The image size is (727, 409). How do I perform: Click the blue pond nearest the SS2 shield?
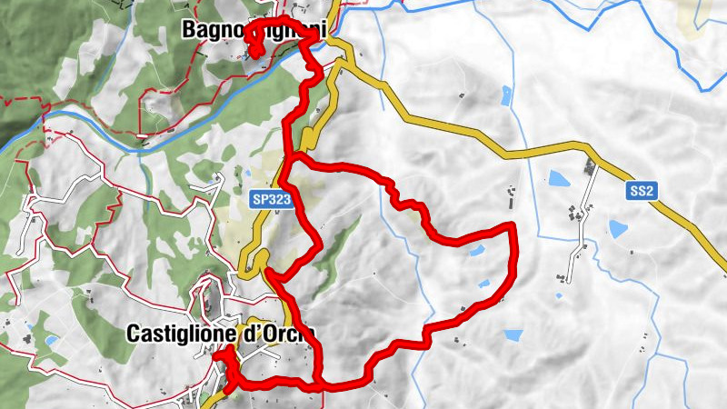coord(619,228)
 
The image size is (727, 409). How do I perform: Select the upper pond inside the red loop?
coord(475,251)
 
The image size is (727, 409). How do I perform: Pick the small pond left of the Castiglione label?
coord(51,341)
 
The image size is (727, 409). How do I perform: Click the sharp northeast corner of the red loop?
coord(513,224)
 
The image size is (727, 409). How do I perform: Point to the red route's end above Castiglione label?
coord(215,357)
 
